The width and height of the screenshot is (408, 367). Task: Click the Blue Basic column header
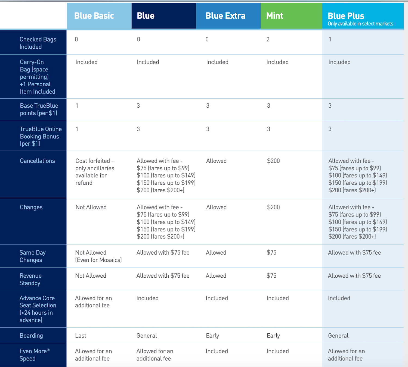[94, 16]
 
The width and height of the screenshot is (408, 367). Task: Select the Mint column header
[275, 16]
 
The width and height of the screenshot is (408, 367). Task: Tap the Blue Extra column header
[225, 16]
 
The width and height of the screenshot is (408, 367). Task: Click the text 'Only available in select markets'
[360, 24]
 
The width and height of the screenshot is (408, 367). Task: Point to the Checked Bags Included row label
[38, 43]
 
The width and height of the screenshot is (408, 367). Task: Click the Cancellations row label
[37, 161]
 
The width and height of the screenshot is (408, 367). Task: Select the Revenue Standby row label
[30, 279]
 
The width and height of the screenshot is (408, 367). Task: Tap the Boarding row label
[31, 335]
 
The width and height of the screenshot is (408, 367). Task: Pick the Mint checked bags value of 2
[268, 39]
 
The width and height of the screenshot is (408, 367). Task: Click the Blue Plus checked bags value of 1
[330, 39]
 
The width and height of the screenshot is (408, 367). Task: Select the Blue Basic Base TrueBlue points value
[77, 106]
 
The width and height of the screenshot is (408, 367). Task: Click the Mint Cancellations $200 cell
[273, 161]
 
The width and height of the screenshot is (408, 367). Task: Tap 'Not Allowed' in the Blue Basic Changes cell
[91, 207]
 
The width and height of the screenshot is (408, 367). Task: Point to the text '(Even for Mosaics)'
[98, 260]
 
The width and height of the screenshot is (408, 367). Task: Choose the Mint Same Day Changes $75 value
[271, 253]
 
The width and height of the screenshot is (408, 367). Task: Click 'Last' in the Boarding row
[81, 336]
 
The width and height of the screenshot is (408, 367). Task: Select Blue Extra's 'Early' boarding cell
[212, 336]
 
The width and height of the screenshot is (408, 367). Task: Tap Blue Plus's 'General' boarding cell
[338, 336]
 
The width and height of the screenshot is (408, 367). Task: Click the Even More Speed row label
[34, 355]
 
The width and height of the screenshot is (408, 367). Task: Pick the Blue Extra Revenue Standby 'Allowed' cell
[216, 276]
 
